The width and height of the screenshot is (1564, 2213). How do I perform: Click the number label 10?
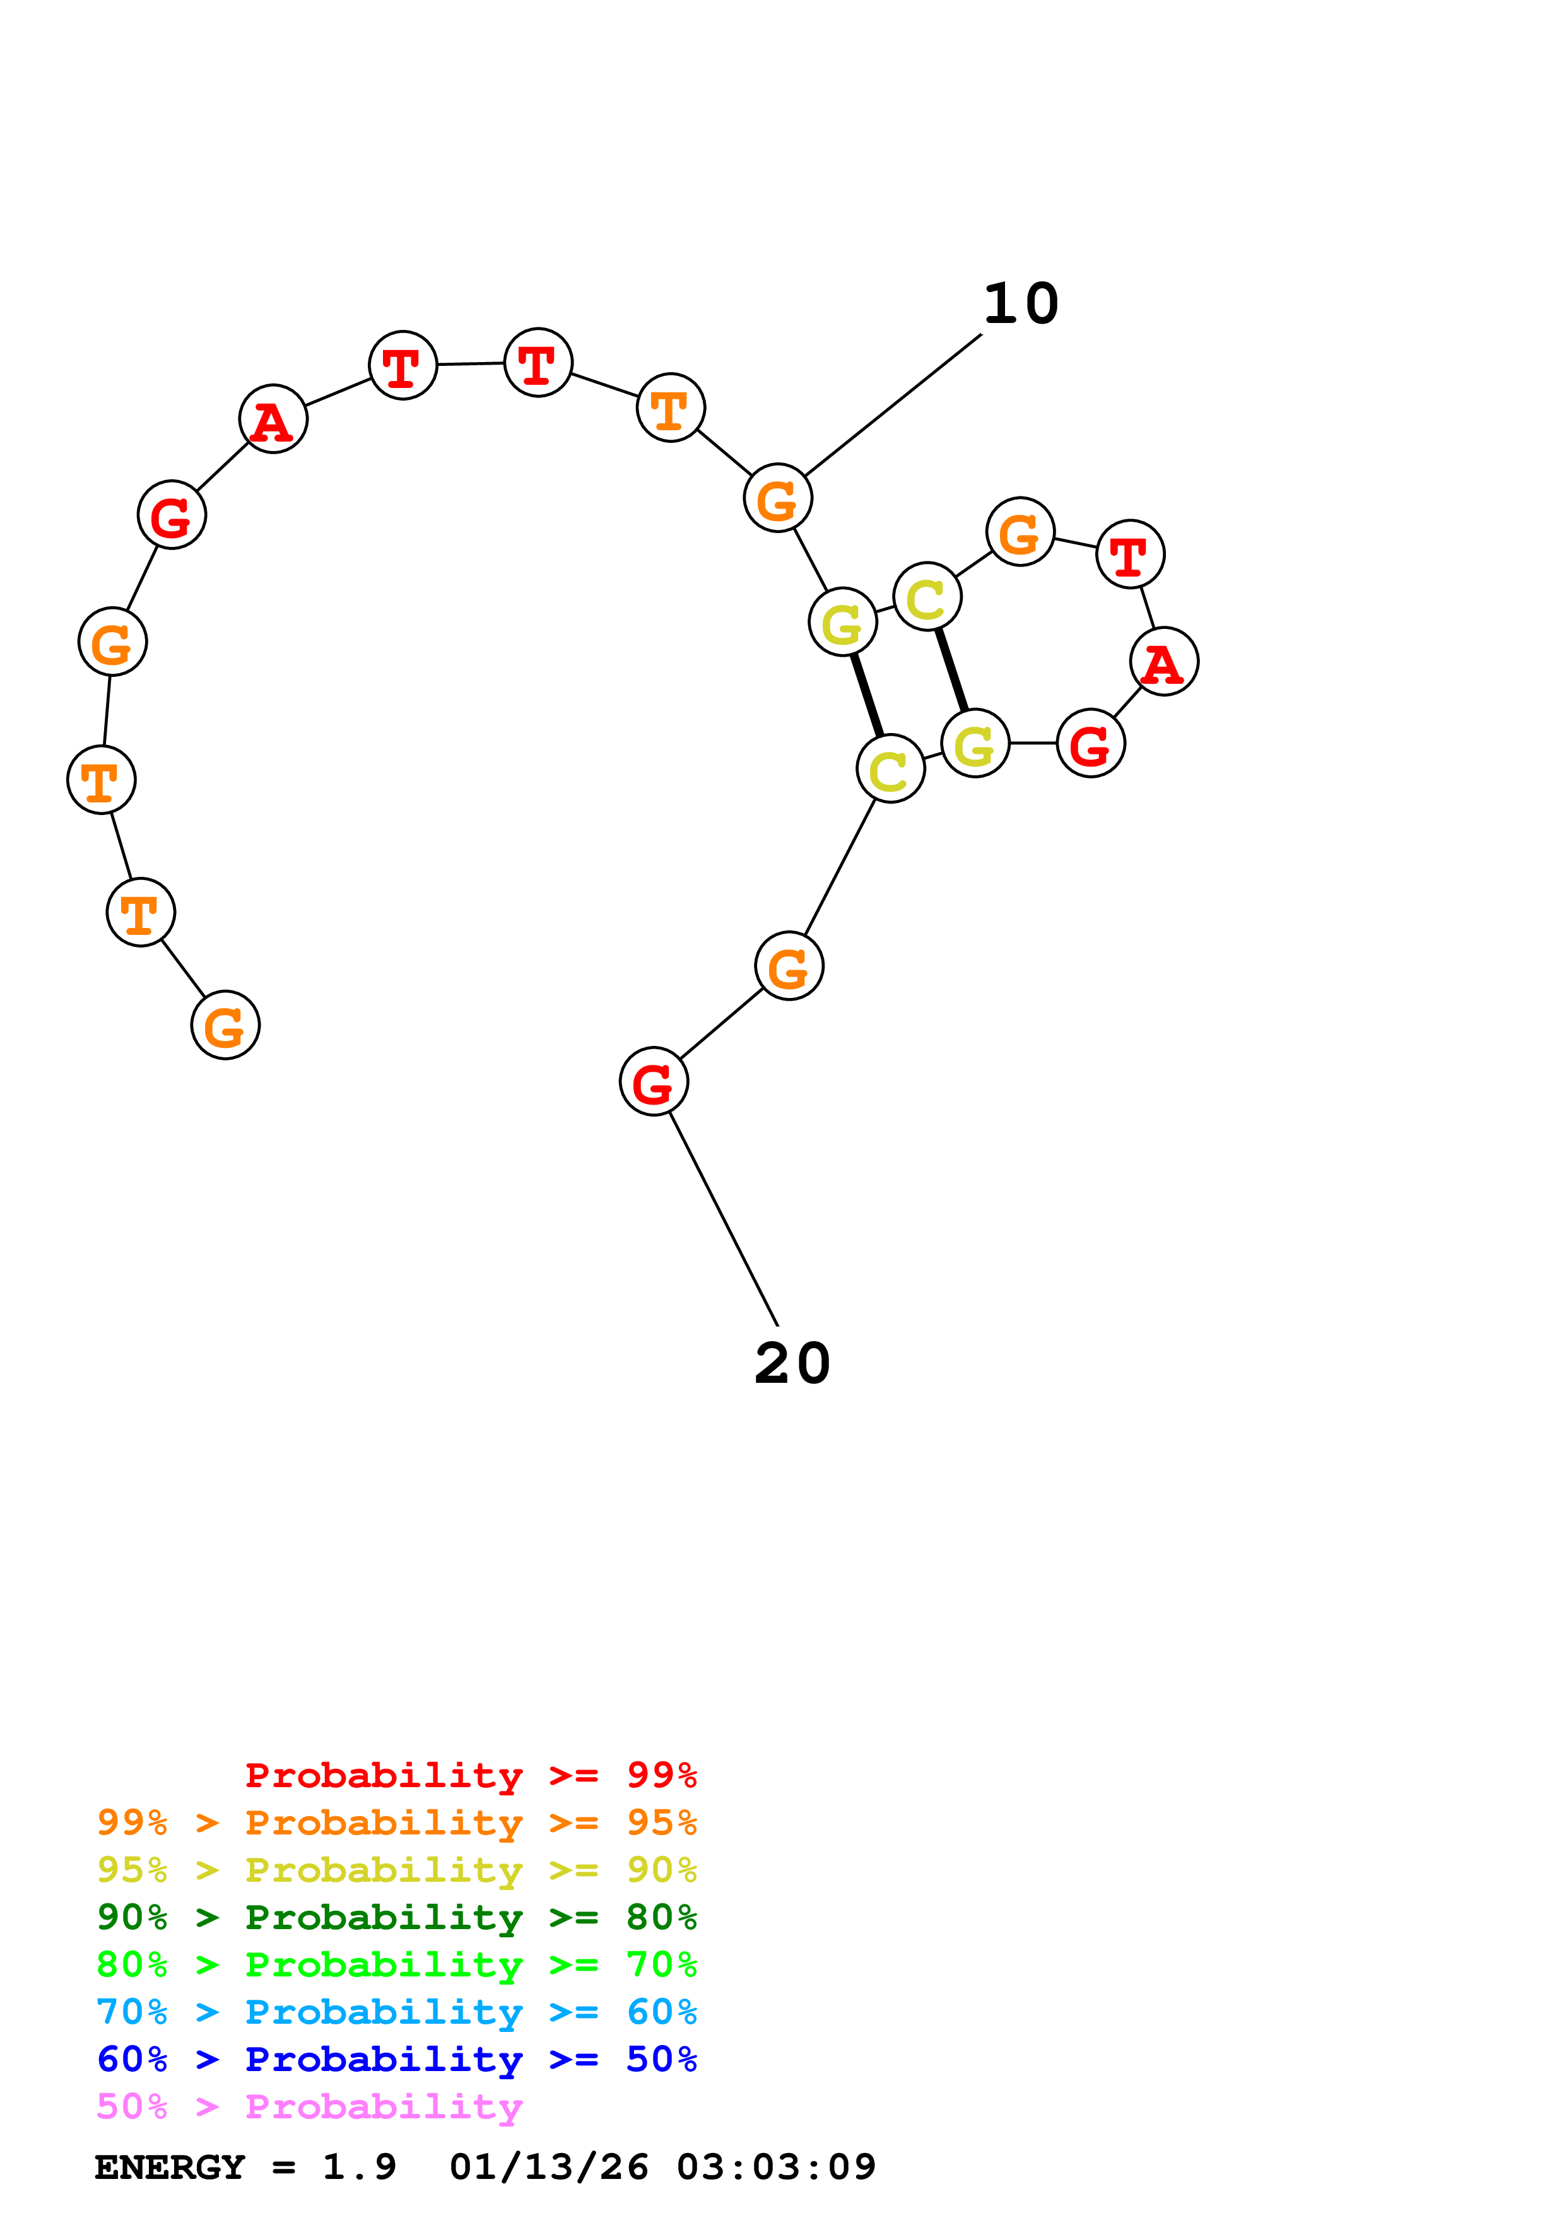pos(1021,305)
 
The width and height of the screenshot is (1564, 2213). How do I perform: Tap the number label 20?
pos(792,1364)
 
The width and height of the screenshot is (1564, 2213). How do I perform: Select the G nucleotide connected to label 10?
pos(778,498)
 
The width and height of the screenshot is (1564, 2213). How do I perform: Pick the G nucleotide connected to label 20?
pos(654,1081)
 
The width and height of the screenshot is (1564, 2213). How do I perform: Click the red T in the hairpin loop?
pos(1131,555)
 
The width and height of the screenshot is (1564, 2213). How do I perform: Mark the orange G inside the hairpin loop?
pos(1021,532)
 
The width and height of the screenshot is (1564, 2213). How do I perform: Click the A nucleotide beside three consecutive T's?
pos(274,420)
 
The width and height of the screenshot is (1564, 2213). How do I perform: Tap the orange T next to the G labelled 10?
pos(671,408)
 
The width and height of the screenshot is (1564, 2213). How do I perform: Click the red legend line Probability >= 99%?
pos(470,1775)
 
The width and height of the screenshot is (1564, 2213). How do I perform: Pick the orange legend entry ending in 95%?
pos(397,1823)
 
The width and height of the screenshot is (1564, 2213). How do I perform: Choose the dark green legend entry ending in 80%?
pos(397,1917)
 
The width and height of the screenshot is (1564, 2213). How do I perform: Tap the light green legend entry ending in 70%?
pos(397,1964)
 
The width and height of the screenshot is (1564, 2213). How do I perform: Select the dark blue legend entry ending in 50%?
pos(397,2059)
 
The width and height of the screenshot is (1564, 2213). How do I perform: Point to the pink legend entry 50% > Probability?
pos(309,2106)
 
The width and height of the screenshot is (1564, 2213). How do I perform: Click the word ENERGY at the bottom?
pos(170,2167)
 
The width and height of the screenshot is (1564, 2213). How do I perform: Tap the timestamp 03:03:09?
pos(776,2167)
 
